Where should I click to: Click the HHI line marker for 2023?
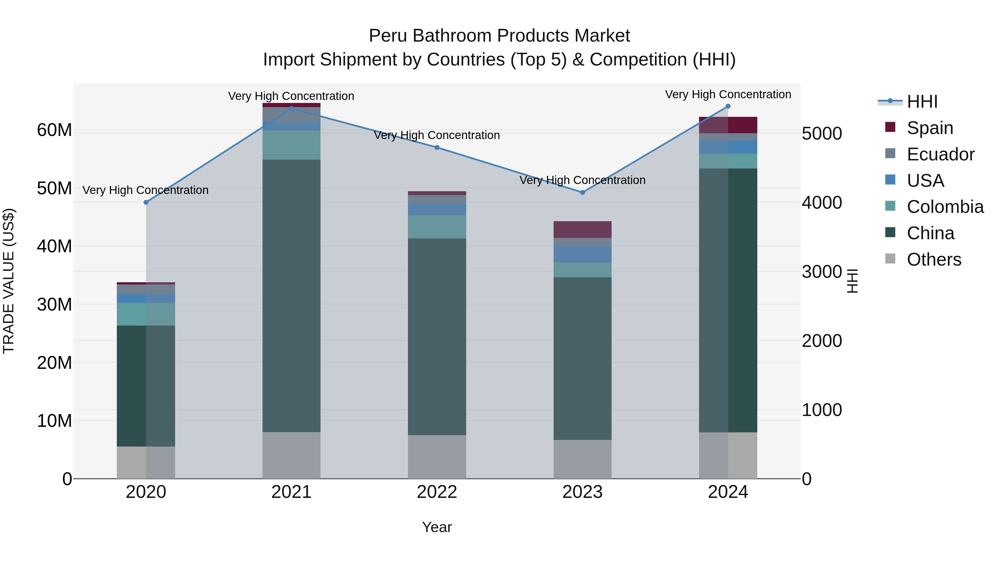coord(582,192)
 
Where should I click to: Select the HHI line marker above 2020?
coord(146,203)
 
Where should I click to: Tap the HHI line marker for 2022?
coord(437,147)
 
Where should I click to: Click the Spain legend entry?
coord(930,128)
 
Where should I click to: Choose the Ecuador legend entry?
coord(940,154)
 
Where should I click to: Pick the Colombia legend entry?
coord(945,207)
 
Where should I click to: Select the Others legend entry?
coord(934,259)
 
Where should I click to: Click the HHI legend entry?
coord(922,102)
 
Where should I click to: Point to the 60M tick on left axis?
coord(54,130)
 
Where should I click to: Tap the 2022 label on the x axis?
coord(437,492)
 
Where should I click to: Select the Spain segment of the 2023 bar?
coord(582,229)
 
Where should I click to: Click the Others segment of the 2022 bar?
coord(437,457)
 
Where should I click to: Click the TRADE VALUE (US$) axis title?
coord(9,281)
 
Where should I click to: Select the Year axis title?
coord(437,527)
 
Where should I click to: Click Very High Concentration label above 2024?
coord(728,94)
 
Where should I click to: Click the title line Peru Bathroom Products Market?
coord(499,36)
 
